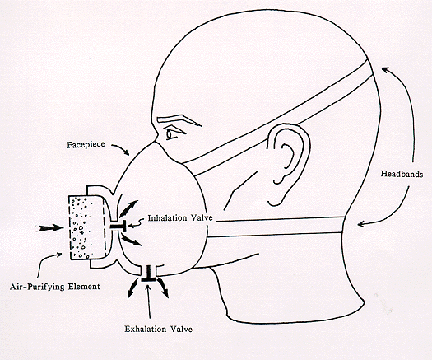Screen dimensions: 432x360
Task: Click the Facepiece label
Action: [x=86, y=144]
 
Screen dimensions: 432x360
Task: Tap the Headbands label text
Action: [x=402, y=174]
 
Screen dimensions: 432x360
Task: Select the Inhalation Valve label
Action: [x=180, y=218]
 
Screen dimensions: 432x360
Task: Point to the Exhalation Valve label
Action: [x=159, y=329]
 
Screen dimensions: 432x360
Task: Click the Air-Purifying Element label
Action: [x=55, y=287]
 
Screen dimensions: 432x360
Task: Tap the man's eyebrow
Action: [x=179, y=120]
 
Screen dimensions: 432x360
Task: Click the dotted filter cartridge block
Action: [x=86, y=227]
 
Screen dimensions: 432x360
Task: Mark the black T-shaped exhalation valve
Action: [x=149, y=274]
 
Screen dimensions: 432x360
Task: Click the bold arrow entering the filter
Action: [x=51, y=228]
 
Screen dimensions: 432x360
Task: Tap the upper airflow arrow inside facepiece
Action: [x=128, y=208]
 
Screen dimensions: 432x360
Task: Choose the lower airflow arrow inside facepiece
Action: [x=131, y=240]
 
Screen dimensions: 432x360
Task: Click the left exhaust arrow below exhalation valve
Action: [x=133, y=288]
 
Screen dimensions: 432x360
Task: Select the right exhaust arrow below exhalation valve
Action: [x=164, y=288]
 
